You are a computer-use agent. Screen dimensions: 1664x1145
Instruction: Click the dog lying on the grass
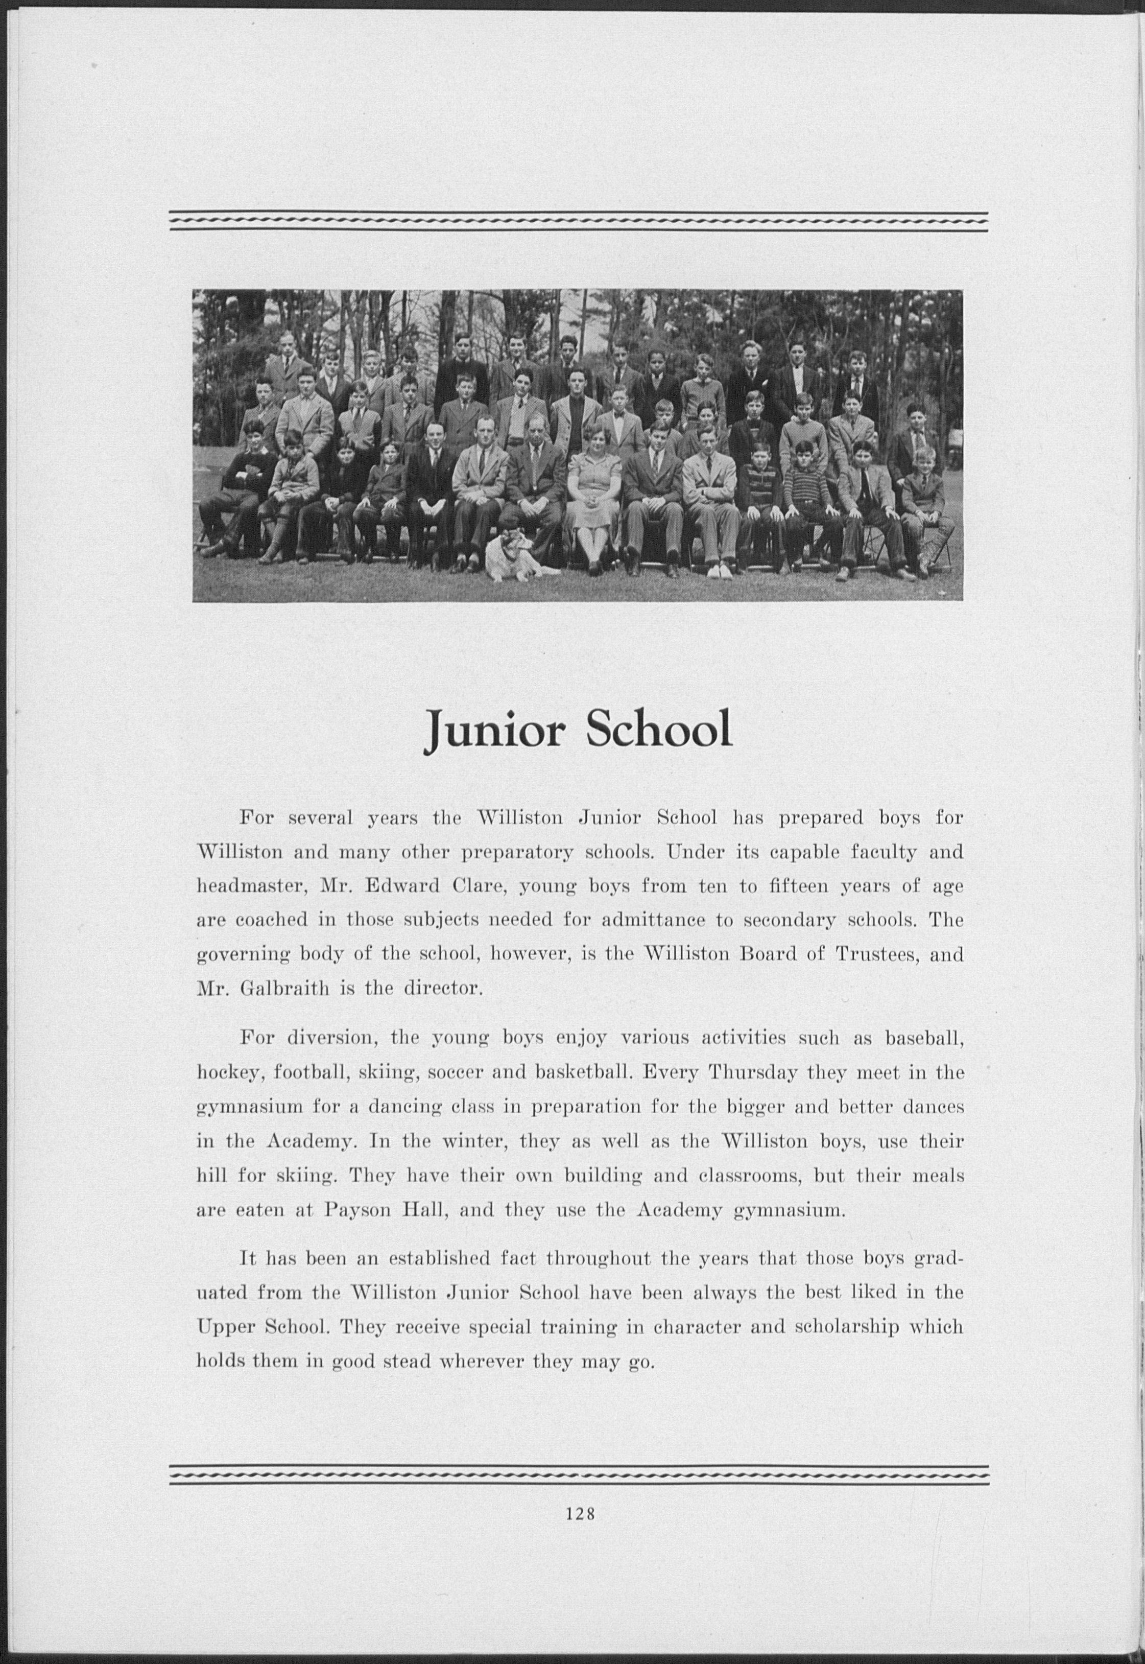pyautogui.click(x=516, y=555)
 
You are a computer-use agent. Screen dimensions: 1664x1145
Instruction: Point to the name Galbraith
pyautogui.click(x=283, y=989)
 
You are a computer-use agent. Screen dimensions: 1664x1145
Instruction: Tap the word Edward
pyautogui.click(x=402, y=886)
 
